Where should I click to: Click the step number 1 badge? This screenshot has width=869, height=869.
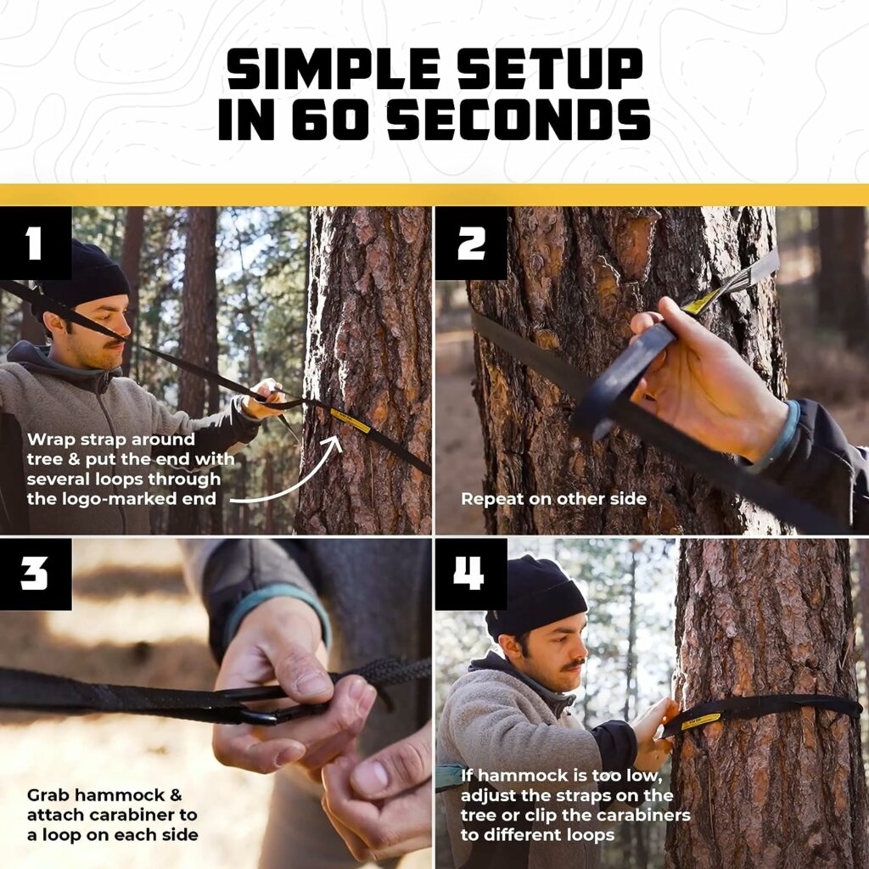tap(35, 244)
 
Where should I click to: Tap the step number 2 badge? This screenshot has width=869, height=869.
tap(471, 244)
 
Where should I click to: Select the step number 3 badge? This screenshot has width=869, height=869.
tap(35, 575)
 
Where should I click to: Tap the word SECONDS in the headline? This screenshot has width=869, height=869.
tap(518, 120)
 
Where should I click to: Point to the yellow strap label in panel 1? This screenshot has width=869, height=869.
tap(350, 419)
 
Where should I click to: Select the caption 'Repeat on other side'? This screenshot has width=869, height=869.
tap(553, 499)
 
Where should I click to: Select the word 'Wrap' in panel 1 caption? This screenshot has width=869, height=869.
tap(50, 440)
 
